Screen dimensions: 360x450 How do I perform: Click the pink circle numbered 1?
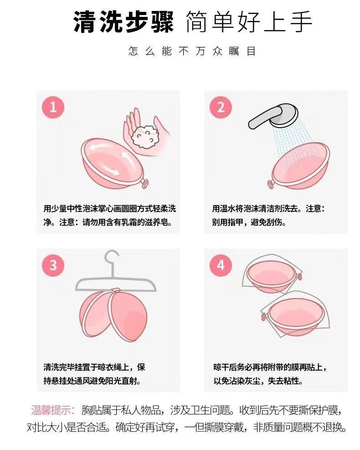[x=53, y=107]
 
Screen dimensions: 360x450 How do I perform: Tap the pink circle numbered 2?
[x=221, y=107]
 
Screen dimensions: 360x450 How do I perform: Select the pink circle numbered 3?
[x=53, y=265]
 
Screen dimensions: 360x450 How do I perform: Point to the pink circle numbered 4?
[x=221, y=265]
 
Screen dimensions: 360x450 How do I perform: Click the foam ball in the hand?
[x=145, y=137]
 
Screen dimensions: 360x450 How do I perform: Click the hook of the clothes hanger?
[x=112, y=260]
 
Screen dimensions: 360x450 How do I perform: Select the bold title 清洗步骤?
[x=123, y=22]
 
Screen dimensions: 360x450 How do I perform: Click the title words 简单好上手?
[x=248, y=22]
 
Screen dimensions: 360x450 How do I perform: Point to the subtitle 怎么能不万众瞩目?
[x=192, y=52]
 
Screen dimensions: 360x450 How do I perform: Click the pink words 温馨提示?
[x=53, y=410]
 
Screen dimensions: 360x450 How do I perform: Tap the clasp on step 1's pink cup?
[x=145, y=183]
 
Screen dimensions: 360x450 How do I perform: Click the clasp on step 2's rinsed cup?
[x=270, y=184]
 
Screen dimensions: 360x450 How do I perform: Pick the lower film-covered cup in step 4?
[x=295, y=315]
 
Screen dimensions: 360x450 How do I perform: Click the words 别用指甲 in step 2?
[x=227, y=222]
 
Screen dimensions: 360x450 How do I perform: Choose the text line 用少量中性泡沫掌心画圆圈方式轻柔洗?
[x=109, y=208]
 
